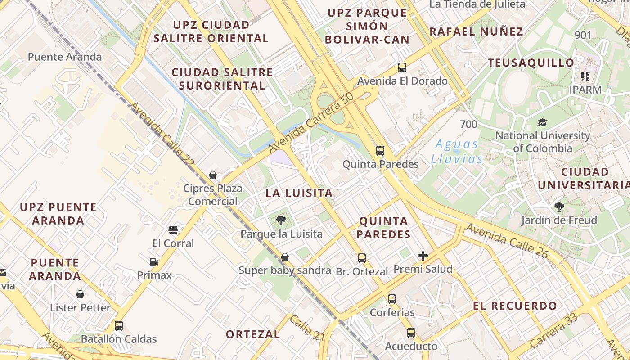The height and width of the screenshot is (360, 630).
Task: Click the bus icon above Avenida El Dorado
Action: pos(402,67)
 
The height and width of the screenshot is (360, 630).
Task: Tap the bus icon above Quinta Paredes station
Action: pos(380,150)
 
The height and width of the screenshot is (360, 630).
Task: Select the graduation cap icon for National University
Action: pos(542,122)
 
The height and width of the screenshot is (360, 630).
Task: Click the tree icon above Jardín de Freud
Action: pos(559,207)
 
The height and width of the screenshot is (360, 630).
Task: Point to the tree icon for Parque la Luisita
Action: pos(281,220)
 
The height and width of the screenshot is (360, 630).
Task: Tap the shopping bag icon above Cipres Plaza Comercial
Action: pos(213,175)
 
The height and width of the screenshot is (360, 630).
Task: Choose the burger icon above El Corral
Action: pos(173,230)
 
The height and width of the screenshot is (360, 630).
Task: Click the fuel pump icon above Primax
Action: pos(154,262)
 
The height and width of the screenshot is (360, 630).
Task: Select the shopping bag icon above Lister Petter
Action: pos(80,294)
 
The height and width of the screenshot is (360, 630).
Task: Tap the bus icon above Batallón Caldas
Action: pos(119,325)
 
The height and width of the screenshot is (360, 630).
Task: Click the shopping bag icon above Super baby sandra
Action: pos(284,257)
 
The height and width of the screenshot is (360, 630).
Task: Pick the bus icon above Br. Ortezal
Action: pos(362,258)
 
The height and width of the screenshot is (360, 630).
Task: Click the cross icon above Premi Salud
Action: pos(423,256)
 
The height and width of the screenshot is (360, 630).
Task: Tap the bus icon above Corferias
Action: pos(392,299)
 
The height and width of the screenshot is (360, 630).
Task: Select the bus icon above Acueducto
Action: pos(411,333)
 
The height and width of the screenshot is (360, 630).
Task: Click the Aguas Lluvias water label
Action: pos(457,152)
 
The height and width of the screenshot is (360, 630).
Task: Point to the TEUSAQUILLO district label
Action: pos(531,63)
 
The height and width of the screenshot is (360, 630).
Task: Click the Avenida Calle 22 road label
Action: pos(162,135)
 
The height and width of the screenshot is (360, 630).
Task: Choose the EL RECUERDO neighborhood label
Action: pos(515,306)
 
